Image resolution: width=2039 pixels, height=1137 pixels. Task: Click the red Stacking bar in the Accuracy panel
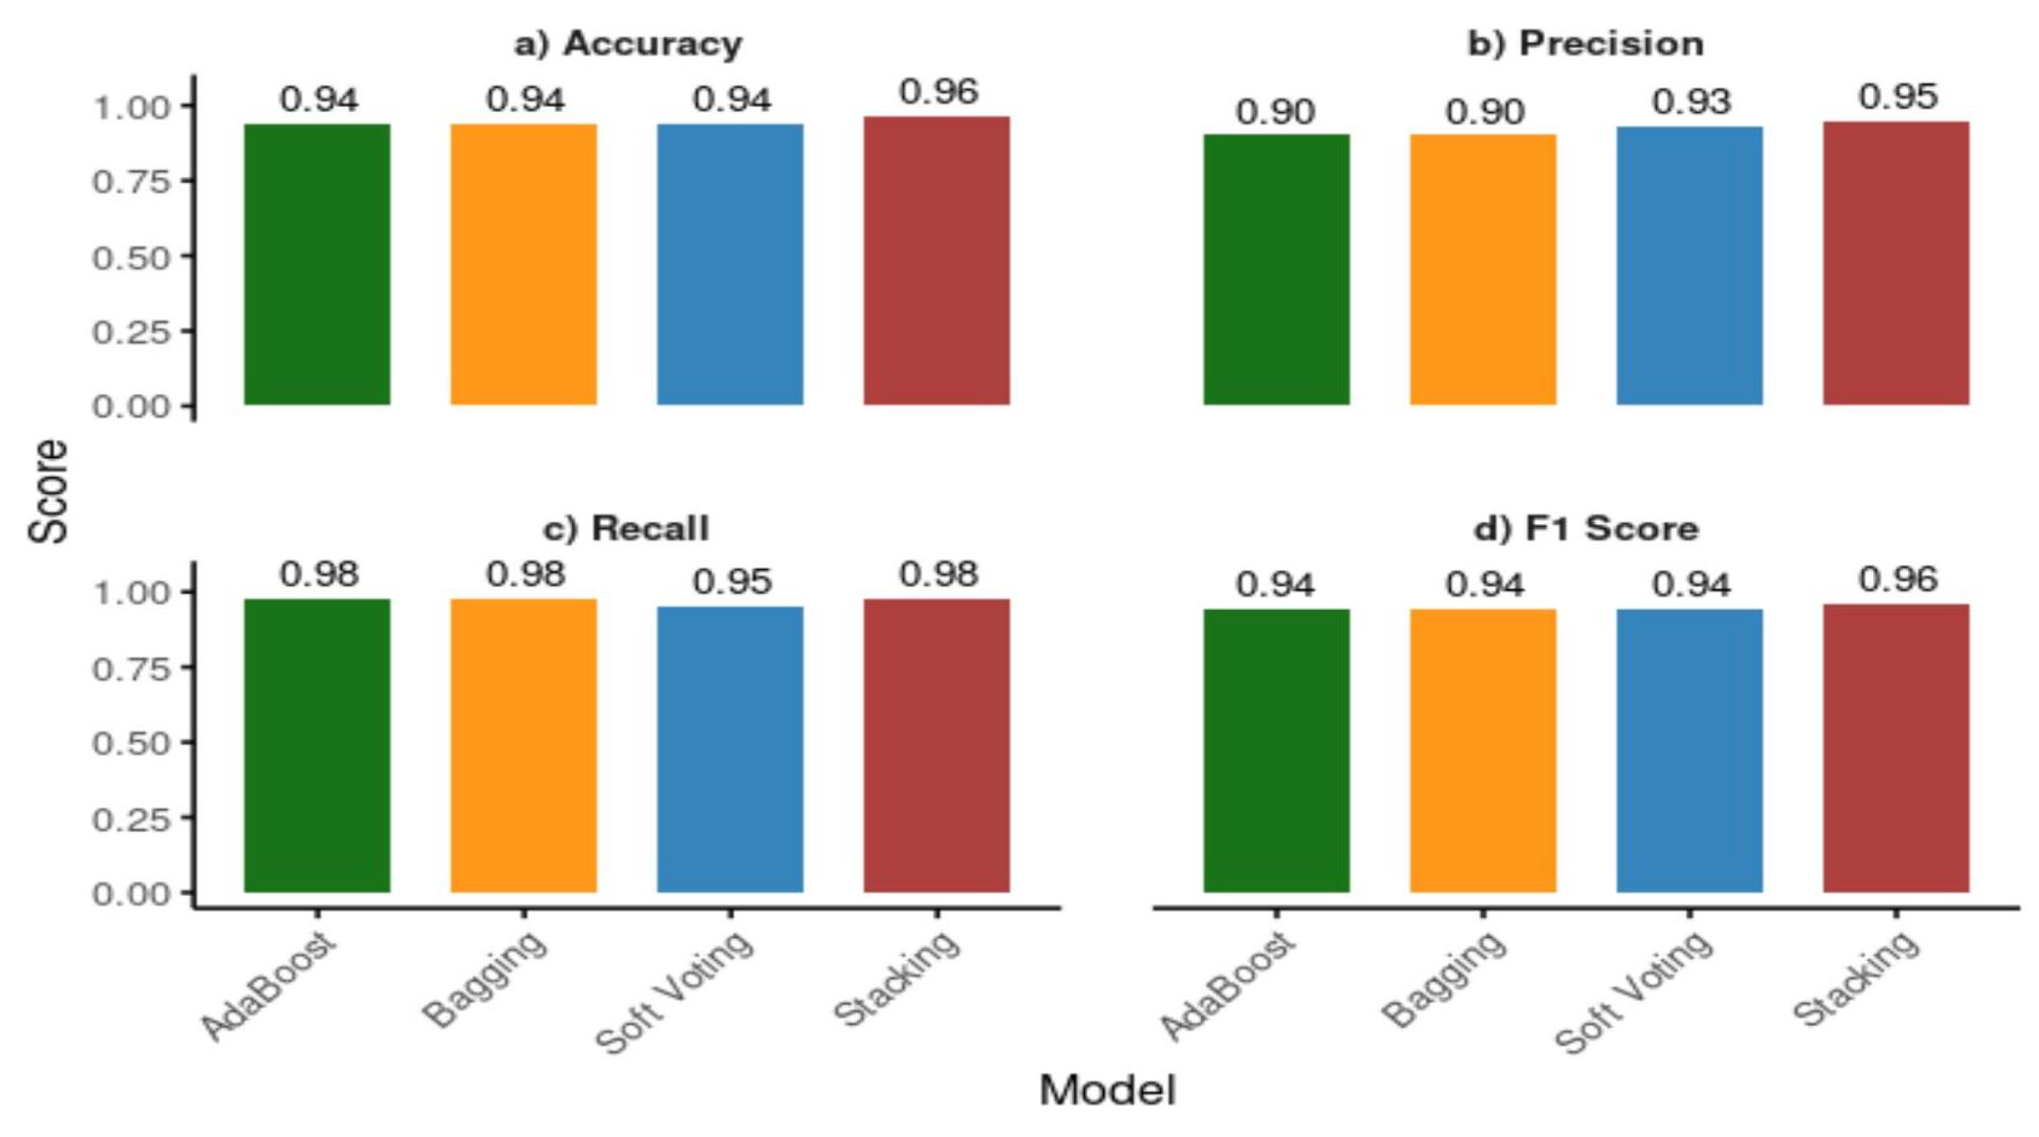(x=936, y=261)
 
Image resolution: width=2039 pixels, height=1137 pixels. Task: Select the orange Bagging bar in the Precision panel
(x=1483, y=269)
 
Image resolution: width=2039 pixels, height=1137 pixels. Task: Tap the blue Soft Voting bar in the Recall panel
(x=730, y=748)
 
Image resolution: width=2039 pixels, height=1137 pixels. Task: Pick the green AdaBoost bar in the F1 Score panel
(x=1276, y=750)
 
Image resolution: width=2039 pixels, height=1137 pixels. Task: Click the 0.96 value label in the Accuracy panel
(x=939, y=93)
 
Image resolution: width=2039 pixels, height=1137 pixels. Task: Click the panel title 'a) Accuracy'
(x=628, y=45)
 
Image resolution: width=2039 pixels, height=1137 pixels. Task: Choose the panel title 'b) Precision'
(x=1586, y=45)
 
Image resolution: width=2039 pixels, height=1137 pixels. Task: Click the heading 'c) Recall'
(x=626, y=528)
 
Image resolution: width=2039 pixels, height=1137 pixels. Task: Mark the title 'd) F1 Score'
(x=1586, y=528)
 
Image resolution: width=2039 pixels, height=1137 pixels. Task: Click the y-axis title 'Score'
(x=49, y=491)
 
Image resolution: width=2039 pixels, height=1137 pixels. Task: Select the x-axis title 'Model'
(x=1106, y=1091)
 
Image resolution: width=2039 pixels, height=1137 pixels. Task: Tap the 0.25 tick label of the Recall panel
(x=132, y=819)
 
